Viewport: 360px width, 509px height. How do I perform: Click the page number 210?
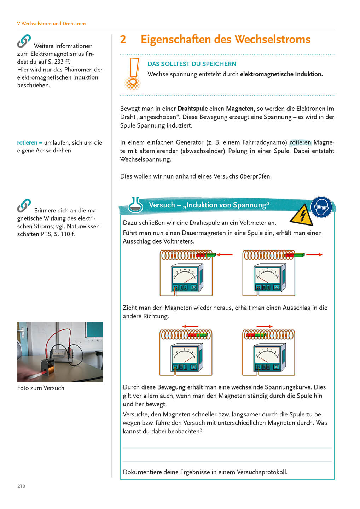(x=21, y=486)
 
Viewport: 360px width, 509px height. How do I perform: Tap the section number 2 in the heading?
(x=123, y=40)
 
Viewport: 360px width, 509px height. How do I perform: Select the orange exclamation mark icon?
(x=133, y=74)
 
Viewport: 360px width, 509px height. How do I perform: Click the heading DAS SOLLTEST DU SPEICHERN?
(x=192, y=64)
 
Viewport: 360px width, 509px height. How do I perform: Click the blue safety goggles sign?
(x=321, y=207)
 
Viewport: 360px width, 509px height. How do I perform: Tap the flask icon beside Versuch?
(x=135, y=205)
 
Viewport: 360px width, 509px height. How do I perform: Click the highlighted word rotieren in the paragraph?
(x=300, y=142)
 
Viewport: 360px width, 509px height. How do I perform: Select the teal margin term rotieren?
(x=27, y=143)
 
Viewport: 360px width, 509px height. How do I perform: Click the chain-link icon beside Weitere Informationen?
(x=24, y=41)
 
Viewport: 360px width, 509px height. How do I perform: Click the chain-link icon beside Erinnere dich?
(x=24, y=206)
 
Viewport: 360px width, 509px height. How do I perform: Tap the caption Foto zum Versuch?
(x=41, y=388)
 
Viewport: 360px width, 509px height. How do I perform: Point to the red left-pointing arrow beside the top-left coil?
(x=225, y=255)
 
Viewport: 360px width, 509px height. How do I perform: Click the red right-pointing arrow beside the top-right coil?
(x=314, y=255)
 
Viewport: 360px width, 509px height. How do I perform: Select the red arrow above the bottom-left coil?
(x=190, y=326)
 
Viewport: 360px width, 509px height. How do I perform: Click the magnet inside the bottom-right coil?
(x=255, y=334)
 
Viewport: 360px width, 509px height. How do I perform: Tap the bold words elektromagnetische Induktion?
(x=281, y=74)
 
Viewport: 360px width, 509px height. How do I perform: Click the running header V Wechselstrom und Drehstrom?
(x=51, y=24)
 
